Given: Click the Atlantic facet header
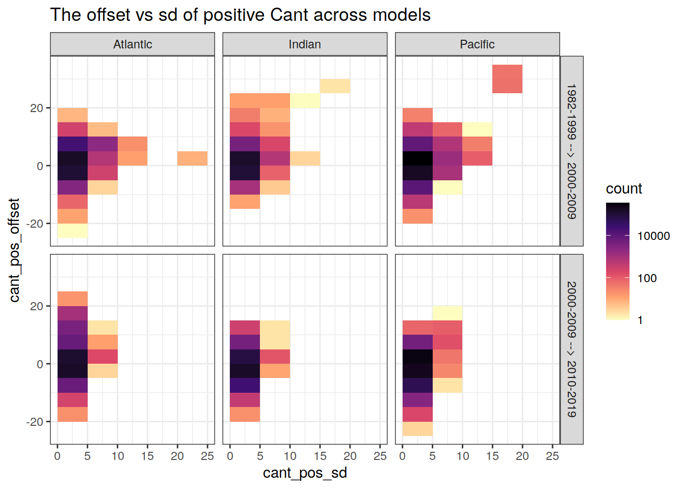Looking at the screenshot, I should (133, 44).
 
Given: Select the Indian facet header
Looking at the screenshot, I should (305, 44).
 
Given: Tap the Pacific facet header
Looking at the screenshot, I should (477, 44).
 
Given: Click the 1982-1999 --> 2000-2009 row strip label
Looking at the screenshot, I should (572, 151).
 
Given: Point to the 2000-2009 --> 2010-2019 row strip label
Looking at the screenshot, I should (572, 349).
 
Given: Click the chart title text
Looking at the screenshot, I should (240, 15).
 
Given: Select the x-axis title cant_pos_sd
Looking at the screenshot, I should (305, 473).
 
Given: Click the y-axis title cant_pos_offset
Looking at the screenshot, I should (14, 250).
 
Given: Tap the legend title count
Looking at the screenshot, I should (624, 188).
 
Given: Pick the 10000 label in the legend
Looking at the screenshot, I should (653, 236).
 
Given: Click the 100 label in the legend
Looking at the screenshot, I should (647, 278).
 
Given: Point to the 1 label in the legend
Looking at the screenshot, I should (640, 320).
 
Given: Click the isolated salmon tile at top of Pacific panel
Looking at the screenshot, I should (507, 79).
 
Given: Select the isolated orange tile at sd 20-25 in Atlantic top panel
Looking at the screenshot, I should (192, 158).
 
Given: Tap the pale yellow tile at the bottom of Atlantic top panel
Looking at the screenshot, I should (72, 231).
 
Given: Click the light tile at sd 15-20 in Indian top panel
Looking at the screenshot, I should (335, 86).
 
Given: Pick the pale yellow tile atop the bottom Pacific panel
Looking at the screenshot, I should (447, 313).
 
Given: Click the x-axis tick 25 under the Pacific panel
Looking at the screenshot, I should (552, 456).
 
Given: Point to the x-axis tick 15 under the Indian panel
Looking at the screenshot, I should (320, 456).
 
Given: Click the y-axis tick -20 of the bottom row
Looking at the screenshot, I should (35, 422).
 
